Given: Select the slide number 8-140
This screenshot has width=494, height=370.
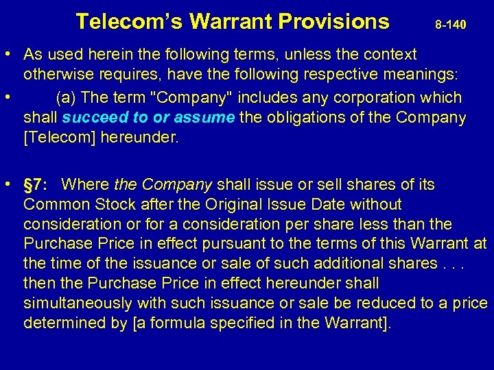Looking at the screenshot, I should point(451,25).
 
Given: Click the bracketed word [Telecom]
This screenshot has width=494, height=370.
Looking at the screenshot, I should point(59,137).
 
